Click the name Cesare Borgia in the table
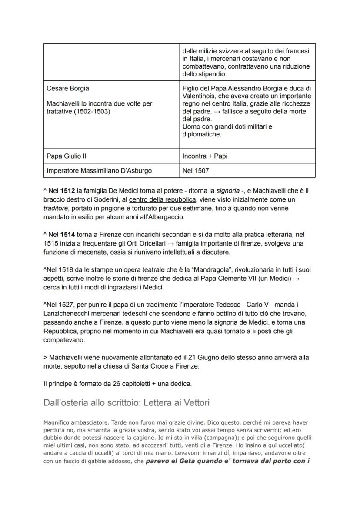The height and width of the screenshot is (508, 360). pyautogui.click(x=67, y=89)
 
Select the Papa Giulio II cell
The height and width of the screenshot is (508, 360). pyautogui.click(x=63, y=156)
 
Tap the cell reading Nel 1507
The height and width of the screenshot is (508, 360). pyautogui.click(x=195, y=171)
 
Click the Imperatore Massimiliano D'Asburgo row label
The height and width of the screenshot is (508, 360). pyautogui.click(x=99, y=171)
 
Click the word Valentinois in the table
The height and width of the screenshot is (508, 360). pyautogui.click(x=200, y=96)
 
